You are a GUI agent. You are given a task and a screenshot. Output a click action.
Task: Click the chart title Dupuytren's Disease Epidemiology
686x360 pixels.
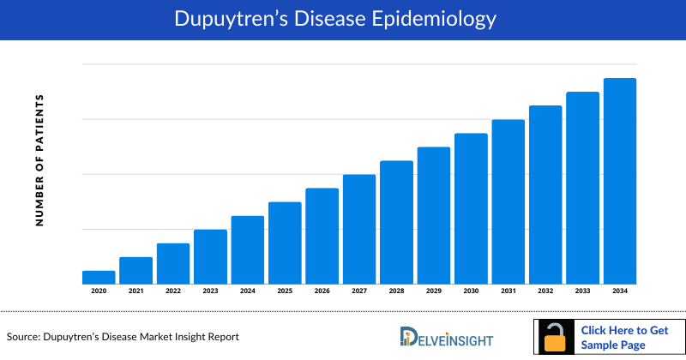click(343, 18)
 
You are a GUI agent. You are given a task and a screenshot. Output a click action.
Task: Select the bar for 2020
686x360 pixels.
click(99, 277)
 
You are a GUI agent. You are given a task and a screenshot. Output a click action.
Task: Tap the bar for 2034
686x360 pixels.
click(620, 181)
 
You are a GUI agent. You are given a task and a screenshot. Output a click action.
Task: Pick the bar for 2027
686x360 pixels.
click(359, 229)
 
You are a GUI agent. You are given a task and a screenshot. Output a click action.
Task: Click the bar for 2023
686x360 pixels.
click(210, 256)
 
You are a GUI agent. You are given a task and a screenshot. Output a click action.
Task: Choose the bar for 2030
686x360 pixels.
click(471, 208)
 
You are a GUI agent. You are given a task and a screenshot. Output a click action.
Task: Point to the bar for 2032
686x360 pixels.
click(545, 195)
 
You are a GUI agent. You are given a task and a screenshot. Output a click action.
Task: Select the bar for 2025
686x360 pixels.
click(285, 243)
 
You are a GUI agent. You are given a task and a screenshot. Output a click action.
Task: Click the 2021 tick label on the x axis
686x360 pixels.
click(135, 291)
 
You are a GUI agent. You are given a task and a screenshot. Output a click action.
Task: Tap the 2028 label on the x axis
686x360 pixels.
click(396, 291)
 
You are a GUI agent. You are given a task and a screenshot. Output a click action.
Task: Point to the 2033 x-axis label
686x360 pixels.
click(582, 291)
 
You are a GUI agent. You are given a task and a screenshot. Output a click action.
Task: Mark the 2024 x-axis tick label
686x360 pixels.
click(248, 291)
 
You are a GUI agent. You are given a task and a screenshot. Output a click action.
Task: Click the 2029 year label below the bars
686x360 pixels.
click(434, 291)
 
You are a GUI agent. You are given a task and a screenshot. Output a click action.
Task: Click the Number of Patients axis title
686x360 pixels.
click(39, 160)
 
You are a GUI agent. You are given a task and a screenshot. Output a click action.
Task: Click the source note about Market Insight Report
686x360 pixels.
click(123, 337)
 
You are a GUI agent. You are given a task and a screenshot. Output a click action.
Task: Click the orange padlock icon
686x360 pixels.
click(556, 338)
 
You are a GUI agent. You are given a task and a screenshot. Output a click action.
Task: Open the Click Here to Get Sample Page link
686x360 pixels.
click(624, 338)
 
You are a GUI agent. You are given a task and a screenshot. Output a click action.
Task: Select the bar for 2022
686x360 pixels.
click(173, 263)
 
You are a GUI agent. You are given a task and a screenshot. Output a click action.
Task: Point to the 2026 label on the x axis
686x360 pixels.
click(322, 291)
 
